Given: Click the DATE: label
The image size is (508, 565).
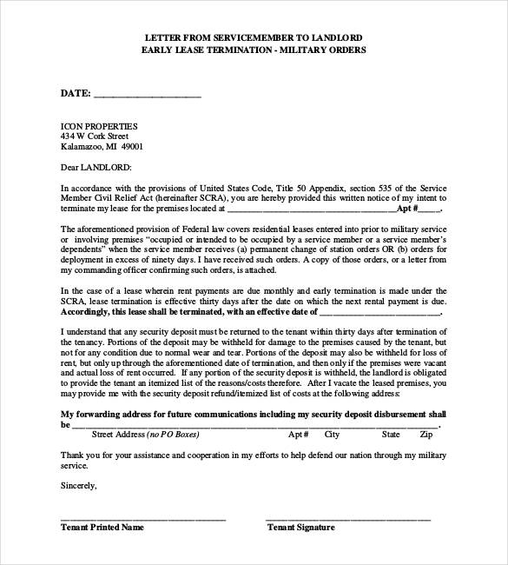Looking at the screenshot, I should (x=76, y=92).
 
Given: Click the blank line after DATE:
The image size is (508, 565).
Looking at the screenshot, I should (x=147, y=95).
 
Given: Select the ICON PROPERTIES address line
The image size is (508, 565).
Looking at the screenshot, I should (x=99, y=126).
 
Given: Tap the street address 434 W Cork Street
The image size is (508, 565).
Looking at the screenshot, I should (x=95, y=136).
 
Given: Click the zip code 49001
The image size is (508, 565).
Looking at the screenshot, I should (x=131, y=147).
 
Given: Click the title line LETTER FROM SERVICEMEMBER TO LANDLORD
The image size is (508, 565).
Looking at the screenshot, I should (x=253, y=37).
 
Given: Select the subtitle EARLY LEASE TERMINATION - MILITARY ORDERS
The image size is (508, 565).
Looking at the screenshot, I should (x=253, y=50).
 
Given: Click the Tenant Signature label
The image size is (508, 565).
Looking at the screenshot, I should (x=300, y=527).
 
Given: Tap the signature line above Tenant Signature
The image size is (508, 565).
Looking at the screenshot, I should (x=347, y=519).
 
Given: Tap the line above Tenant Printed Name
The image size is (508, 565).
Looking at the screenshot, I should (x=143, y=519).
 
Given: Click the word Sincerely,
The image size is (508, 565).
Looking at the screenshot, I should (x=79, y=486).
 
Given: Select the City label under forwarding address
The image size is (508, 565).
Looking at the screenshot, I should (x=332, y=434).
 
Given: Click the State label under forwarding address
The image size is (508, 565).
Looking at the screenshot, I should (x=391, y=434).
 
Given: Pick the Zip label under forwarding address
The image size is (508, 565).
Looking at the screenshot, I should (x=426, y=434).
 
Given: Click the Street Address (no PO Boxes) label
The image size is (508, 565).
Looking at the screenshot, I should (x=143, y=434).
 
